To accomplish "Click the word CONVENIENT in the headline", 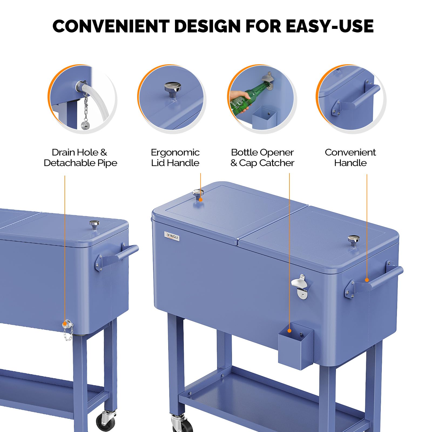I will click(111, 26).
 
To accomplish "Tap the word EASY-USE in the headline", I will click(329, 26).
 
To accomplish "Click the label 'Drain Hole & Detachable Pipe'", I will click(80, 157).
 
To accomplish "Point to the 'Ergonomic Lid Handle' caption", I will click(175, 157).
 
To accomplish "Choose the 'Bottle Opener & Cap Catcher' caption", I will click(262, 157).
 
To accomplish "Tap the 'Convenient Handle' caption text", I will click(350, 157).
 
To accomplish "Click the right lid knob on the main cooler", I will click(353, 240).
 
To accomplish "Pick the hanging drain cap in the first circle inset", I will click(86, 125).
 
